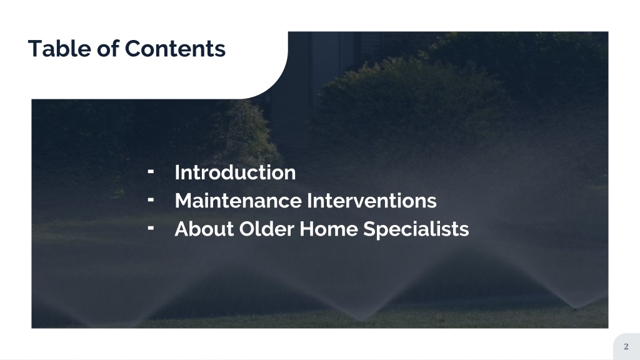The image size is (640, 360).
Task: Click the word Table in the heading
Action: (x=59, y=48)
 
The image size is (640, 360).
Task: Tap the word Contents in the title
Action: (x=175, y=49)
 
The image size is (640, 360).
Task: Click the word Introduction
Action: (x=235, y=172)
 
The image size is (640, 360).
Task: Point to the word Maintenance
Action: (x=238, y=201)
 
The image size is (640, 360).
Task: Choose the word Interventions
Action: (x=371, y=201)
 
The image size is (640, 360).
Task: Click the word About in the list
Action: (x=204, y=229)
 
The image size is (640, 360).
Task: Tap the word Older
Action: (x=266, y=229)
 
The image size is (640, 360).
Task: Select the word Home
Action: (x=328, y=229)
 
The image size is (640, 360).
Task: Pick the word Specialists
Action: (x=416, y=229)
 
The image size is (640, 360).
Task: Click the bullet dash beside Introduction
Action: (x=151, y=172)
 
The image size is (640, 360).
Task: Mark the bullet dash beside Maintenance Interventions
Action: (x=151, y=200)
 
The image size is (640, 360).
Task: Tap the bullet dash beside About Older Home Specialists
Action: (x=151, y=228)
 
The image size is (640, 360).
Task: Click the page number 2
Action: (x=626, y=346)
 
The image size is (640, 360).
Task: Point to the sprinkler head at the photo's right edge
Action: (x=576, y=307)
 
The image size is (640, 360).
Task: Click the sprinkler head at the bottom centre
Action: (x=362, y=319)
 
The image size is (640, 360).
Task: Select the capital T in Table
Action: (x=36, y=49)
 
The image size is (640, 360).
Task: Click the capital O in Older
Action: (x=247, y=229)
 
